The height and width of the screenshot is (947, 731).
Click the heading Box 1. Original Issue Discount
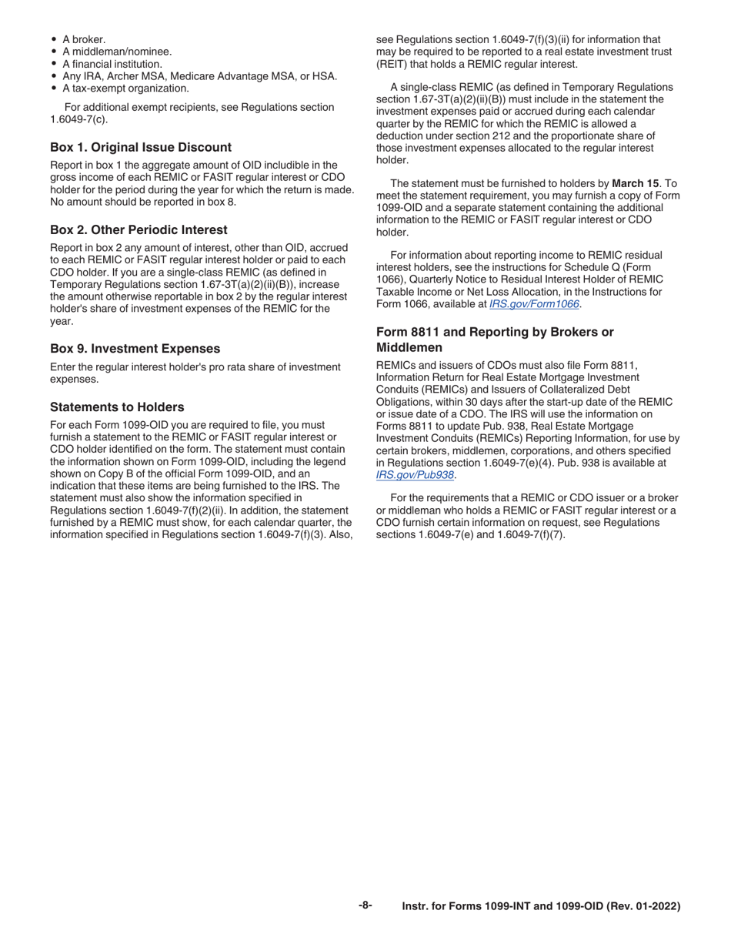(x=140, y=147)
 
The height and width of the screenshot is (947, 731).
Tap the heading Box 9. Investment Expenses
(x=135, y=348)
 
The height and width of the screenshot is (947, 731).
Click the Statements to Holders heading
(x=117, y=407)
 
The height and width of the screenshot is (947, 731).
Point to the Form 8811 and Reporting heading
(x=495, y=332)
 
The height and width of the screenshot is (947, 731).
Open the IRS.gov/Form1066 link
(x=534, y=304)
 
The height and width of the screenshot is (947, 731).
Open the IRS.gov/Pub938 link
(x=415, y=475)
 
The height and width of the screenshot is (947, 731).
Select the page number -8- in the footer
(x=365, y=905)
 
